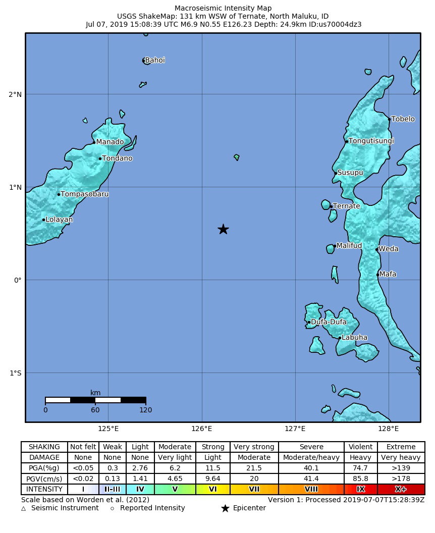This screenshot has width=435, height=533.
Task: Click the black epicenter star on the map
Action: pos(223,229)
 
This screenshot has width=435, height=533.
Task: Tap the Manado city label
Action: pos(110,142)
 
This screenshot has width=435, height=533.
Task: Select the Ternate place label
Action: pos(347,206)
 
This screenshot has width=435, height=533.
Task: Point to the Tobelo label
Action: pos(403,119)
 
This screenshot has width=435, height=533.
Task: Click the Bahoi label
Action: pos(155,60)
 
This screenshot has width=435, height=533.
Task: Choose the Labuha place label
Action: pos(354,338)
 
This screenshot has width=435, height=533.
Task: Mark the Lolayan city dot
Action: pos(44,220)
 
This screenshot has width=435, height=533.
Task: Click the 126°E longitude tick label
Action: pos(202,429)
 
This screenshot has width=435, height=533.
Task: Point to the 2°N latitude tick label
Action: pos(15,94)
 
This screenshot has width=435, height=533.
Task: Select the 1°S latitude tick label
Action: pos(15,373)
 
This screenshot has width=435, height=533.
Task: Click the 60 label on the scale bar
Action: pos(95,410)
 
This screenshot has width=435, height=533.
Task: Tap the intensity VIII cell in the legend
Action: pos(311,489)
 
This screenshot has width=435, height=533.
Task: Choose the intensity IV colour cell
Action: pos(140,489)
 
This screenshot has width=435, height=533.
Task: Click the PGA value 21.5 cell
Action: pos(254,468)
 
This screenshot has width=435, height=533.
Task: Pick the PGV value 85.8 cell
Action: pos(360,478)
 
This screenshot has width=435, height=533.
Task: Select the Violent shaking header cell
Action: pos(360,447)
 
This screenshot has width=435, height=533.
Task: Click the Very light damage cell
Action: pos(175,457)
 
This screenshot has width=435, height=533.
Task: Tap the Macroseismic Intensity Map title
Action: pos(223,8)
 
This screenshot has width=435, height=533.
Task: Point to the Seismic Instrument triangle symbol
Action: pos(23,508)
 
